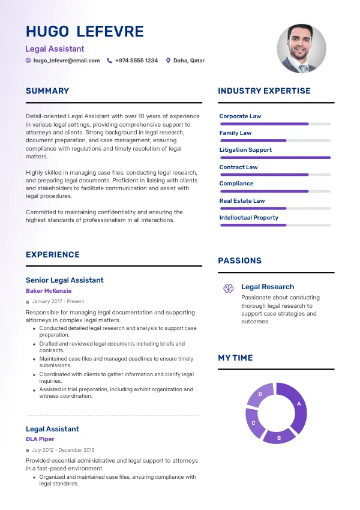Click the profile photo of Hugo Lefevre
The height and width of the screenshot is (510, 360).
pyautogui.click(x=301, y=49)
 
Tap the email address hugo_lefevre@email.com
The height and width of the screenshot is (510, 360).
pyautogui.click(x=67, y=61)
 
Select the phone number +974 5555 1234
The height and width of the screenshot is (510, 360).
pyautogui.click(x=136, y=61)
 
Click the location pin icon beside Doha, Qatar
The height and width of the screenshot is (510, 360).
pyautogui.click(x=168, y=61)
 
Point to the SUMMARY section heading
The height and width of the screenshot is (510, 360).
pyautogui.click(x=47, y=91)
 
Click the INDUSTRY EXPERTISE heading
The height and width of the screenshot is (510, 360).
pyautogui.click(x=264, y=91)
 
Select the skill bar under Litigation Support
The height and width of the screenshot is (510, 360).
pyautogui.click(x=275, y=158)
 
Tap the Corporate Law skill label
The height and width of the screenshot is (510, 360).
pyautogui.click(x=240, y=116)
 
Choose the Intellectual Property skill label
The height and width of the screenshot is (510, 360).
pyautogui.click(x=249, y=218)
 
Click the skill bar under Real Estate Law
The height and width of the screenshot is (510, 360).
pyautogui.click(x=275, y=208)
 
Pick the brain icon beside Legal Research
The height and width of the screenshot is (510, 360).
pyautogui.click(x=228, y=289)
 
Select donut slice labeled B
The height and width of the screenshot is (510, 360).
pyautogui.click(x=278, y=437)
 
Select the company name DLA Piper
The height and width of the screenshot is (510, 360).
pyautogui.click(x=40, y=439)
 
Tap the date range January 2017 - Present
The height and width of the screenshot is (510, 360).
pyautogui.click(x=58, y=301)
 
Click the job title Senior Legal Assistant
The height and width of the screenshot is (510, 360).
pyautogui.click(x=64, y=280)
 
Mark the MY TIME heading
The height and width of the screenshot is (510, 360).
pyautogui.click(x=235, y=358)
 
